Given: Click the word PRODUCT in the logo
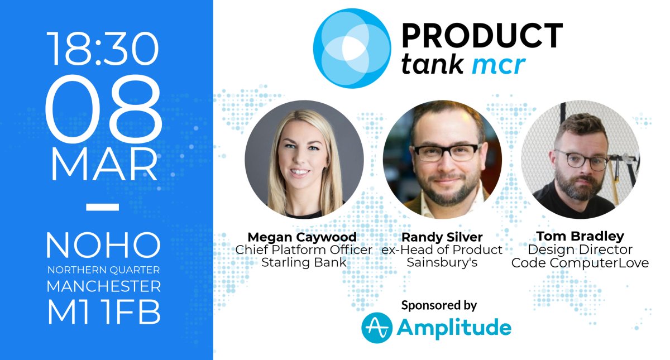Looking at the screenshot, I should [482, 36].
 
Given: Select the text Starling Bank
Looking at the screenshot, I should [304, 262].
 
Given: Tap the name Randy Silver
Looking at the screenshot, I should [442, 237].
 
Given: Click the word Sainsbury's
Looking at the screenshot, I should [442, 262].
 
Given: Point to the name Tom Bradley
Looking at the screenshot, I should [580, 237].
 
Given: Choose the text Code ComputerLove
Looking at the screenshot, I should [580, 262].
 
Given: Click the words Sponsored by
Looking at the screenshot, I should [439, 305].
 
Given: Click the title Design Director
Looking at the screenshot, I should [580, 249].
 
